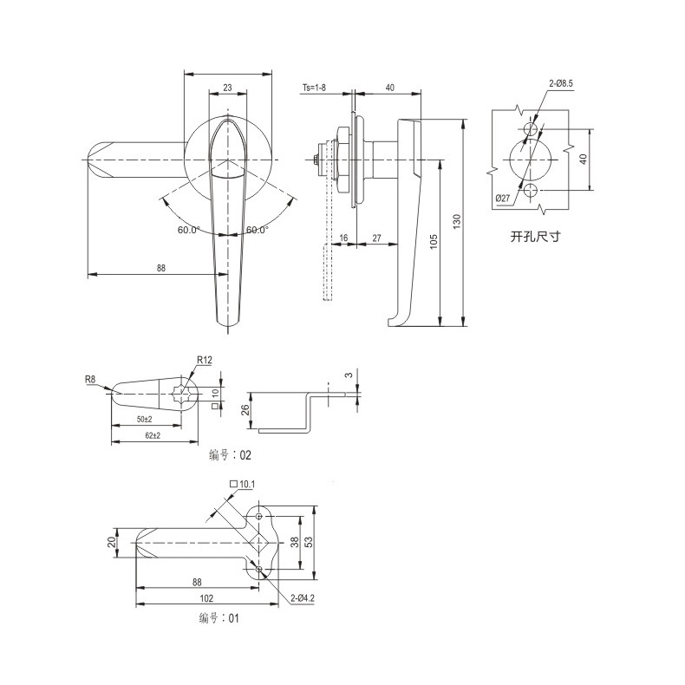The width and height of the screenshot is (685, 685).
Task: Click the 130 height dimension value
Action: [x=457, y=222]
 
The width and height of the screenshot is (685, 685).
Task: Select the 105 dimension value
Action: [x=434, y=242]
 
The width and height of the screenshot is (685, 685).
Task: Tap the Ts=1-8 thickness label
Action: [x=314, y=88]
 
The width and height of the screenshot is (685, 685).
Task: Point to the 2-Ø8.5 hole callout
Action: [x=561, y=83]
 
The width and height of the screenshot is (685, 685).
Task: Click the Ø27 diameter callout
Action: [x=503, y=199]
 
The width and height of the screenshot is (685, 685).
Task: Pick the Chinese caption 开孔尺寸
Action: [x=536, y=237]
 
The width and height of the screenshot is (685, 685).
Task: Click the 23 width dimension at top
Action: [x=227, y=88]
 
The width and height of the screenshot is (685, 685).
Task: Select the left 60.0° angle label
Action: [x=188, y=230]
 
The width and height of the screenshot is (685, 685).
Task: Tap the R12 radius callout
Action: [x=205, y=360]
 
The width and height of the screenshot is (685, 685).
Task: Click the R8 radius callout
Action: [x=90, y=379]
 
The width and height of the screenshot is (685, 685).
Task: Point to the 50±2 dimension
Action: [x=145, y=419]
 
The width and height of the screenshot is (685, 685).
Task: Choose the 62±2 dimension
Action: [x=153, y=435]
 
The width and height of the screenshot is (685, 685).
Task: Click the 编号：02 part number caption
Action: [x=231, y=455]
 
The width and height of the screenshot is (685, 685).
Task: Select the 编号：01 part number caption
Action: [x=219, y=618]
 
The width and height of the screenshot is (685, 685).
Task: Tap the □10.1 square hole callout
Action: [x=242, y=484]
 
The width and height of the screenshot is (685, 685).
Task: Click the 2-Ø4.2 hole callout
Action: [x=303, y=598]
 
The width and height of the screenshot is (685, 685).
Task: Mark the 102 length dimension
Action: [x=206, y=598]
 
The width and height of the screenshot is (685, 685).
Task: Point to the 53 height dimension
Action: [x=309, y=542]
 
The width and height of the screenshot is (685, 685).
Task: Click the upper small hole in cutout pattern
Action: [x=530, y=129]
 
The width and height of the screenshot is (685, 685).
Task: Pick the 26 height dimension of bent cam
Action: [x=245, y=409]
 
